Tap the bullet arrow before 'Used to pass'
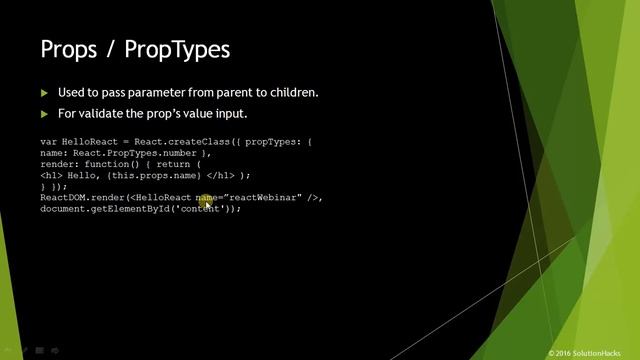pyautogui.click(x=44, y=93)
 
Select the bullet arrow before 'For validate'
pyautogui.click(x=44, y=113)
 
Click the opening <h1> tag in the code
pyautogui.click(x=51, y=176)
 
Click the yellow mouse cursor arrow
pyautogui.click(x=208, y=204)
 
